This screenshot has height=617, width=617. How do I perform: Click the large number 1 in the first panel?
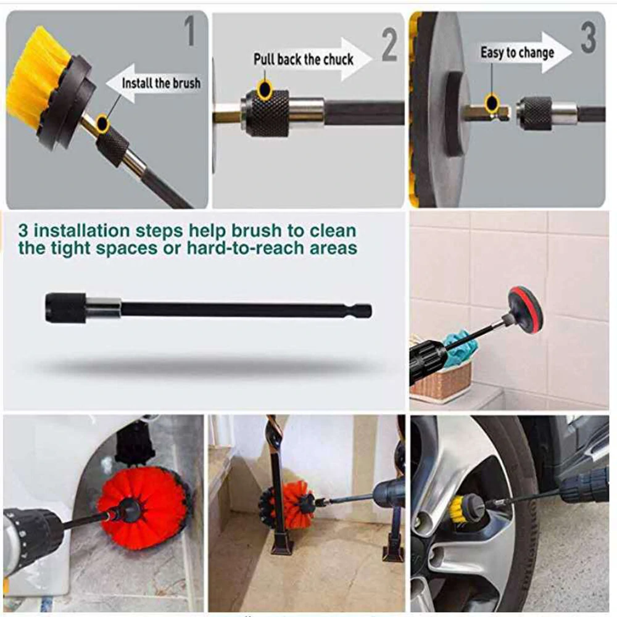(190, 33)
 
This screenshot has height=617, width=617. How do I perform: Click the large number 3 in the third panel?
(588, 38)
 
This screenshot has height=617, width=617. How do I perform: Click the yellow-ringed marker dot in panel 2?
(265, 90)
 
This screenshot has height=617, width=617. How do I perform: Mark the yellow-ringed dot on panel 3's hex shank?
(492, 102)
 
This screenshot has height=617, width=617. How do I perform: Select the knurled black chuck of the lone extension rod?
(65, 308)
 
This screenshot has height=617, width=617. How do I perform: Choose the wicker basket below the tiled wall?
(441, 379)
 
